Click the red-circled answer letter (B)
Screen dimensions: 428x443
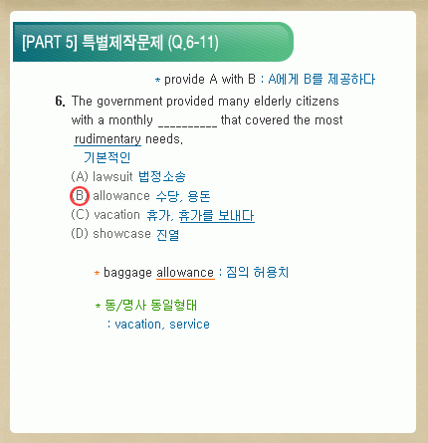tap(80, 196)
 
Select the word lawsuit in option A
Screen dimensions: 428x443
tap(112, 176)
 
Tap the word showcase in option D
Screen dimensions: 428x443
tap(121, 234)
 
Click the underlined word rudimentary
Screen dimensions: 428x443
tap(107, 139)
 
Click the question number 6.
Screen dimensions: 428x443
tap(60, 102)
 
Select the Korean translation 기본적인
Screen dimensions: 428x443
tap(107, 157)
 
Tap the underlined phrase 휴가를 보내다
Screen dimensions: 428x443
tap(217, 216)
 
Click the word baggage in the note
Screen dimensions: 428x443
tap(127, 273)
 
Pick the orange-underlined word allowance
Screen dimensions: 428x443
tap(185, 273)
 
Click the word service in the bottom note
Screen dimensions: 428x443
tap(189, 325)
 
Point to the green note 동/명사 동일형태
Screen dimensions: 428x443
tap(150, 305)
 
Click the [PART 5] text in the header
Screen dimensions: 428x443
tap(50, 42)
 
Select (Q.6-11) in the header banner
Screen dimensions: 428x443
tap(193, 43)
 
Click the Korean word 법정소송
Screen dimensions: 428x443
tap(161, 176)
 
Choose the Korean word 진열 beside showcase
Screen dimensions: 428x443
tap(167, 234)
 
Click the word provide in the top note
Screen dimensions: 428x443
tap(184, 80)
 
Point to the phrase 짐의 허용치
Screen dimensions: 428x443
tap(258, 273)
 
